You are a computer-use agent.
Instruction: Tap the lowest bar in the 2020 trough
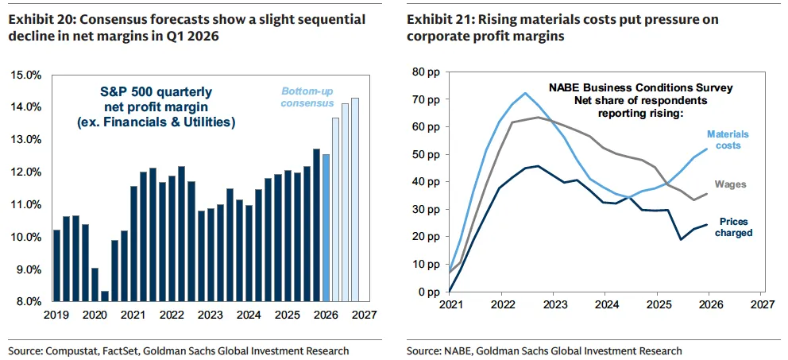click(106, 296)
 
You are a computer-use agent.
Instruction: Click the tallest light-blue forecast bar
click(355, 199)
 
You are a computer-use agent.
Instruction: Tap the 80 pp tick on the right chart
click(424, 72)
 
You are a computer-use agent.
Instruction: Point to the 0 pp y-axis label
click(428, 292)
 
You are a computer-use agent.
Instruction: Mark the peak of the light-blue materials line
click(525, 93)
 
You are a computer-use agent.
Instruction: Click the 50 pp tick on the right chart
click(424, 154)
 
